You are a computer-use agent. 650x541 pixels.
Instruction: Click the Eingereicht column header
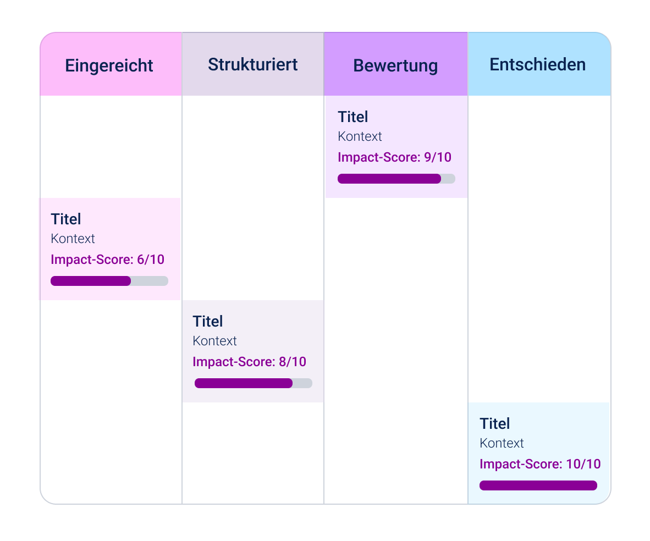tap(109, 65)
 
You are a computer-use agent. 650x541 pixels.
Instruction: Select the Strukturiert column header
tap(253, 65)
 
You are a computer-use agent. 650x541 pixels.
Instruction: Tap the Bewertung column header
tap(395, 65)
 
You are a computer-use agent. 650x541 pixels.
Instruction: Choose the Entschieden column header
tap(538, 65)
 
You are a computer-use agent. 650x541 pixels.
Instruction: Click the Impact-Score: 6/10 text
tap(107, 260)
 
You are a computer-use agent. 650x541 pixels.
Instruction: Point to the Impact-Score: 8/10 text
tap(249, 362)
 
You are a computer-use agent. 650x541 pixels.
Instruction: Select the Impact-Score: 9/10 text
tap(394, 158)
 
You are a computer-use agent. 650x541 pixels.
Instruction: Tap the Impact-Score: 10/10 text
tap(540, 465)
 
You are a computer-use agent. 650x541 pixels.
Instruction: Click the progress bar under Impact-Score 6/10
tap(109, 281)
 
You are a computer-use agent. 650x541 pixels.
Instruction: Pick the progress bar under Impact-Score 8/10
tap(254, 383)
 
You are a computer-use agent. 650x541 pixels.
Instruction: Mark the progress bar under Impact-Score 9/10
tap(396, 179)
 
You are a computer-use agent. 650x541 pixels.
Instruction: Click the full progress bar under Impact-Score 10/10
tap(538, 485)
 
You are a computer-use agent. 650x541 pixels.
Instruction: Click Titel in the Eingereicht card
tap(66, 219)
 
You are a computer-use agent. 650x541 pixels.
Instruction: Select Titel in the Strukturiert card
tap(208, 322)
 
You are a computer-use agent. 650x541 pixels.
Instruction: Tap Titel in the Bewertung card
tap(353, 117)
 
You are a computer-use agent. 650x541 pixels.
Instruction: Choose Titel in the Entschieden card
tap(494, 424)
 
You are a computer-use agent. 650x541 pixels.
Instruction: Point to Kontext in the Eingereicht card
tap(73, 239)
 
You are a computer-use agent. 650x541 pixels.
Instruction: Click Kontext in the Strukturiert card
tap(214, 341)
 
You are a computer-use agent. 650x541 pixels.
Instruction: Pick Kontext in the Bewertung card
tap(360, 136)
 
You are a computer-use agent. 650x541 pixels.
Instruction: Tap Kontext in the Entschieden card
tap(502, 443)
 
